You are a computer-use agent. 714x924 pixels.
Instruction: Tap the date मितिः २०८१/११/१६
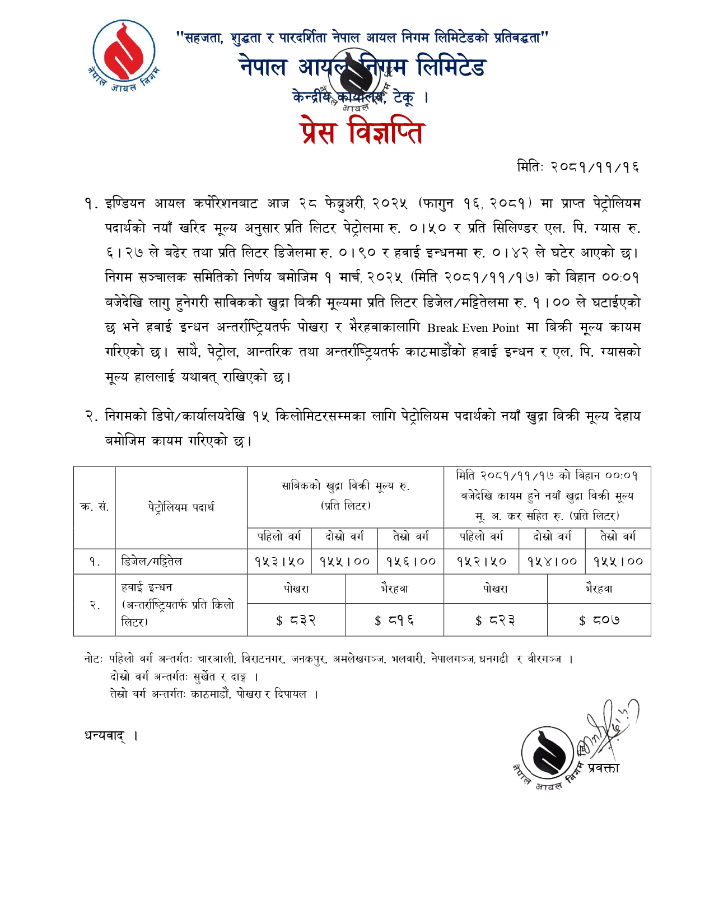tap(577, 167)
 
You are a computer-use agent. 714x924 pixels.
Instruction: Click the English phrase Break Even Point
tap(473, 328)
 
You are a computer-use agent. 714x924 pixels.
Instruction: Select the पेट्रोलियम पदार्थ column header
tap(181, 507)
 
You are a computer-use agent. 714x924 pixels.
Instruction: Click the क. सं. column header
tap(94, 507)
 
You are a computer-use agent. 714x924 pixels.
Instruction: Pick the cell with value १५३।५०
tap(279, 561)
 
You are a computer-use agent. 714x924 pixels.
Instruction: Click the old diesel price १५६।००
tap(410, 561)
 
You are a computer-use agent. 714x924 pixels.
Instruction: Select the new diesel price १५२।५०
tap(481, 561)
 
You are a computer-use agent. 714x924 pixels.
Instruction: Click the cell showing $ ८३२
tap(296, 620)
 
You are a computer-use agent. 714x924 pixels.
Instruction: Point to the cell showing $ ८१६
tap(394, 620)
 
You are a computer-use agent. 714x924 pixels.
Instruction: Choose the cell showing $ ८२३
tap(495, 620)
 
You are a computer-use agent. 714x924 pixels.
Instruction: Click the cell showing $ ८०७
tap(599, 620)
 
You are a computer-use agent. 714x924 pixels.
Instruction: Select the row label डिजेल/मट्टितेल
tap(152, 561)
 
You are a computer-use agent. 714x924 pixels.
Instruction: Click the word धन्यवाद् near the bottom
tap(105, 735)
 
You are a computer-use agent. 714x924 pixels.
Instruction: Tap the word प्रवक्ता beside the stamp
tap(603, 768)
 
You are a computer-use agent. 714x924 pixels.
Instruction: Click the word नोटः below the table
tap(93, 659)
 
